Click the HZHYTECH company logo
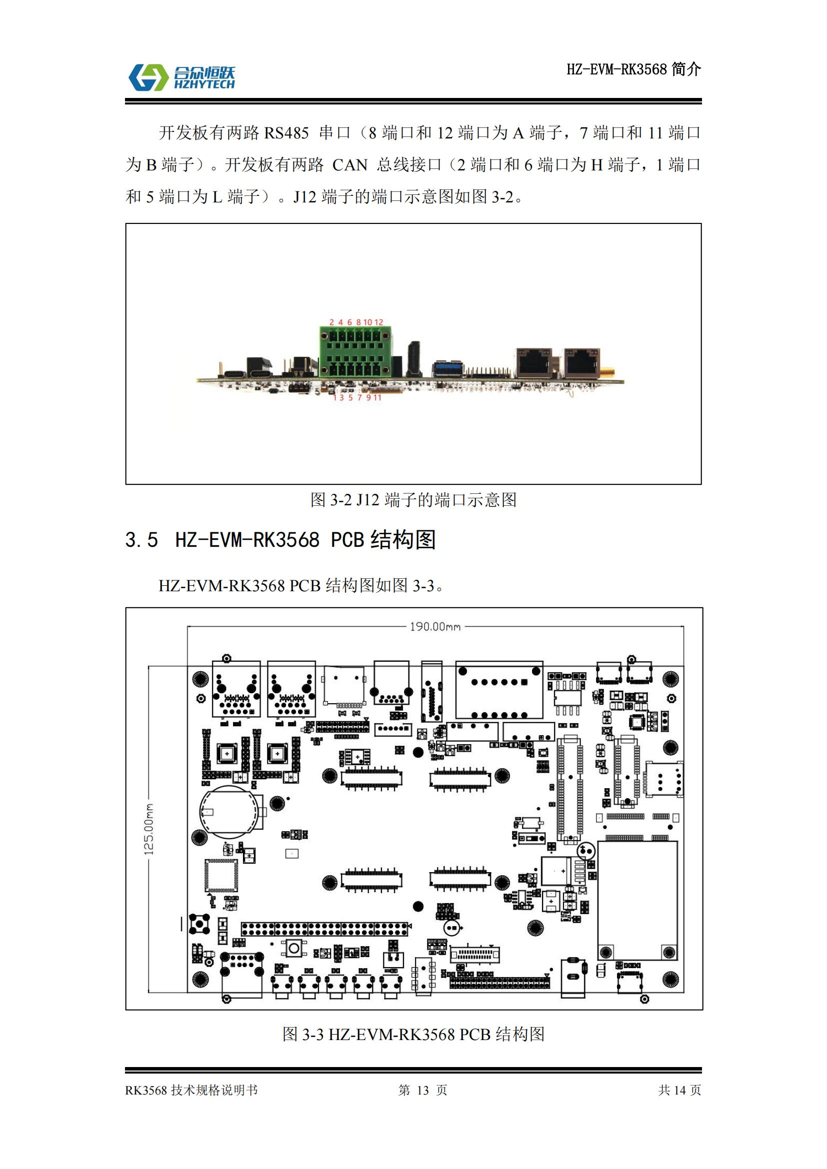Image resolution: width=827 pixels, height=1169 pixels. click(181, 77)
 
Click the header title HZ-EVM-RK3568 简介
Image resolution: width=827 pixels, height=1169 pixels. click(634, 69)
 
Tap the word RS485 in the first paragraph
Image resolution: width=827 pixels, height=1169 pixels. click(286, 133)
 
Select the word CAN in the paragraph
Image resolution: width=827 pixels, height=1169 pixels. click(350, 165)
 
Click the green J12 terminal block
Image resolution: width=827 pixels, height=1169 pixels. click(356, 352)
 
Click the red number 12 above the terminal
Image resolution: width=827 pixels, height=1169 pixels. click(378, 322)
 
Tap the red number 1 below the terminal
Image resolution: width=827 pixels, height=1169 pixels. click(335, 398)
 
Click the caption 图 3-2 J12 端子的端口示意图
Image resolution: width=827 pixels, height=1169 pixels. click(413, 499)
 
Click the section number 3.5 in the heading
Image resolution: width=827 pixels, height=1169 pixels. click(141, 540)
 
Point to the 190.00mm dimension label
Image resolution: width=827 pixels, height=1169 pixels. click(435, 626)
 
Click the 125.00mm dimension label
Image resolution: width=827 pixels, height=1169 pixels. click(148, 829)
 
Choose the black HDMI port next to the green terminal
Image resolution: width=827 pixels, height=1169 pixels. click(414, 358)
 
